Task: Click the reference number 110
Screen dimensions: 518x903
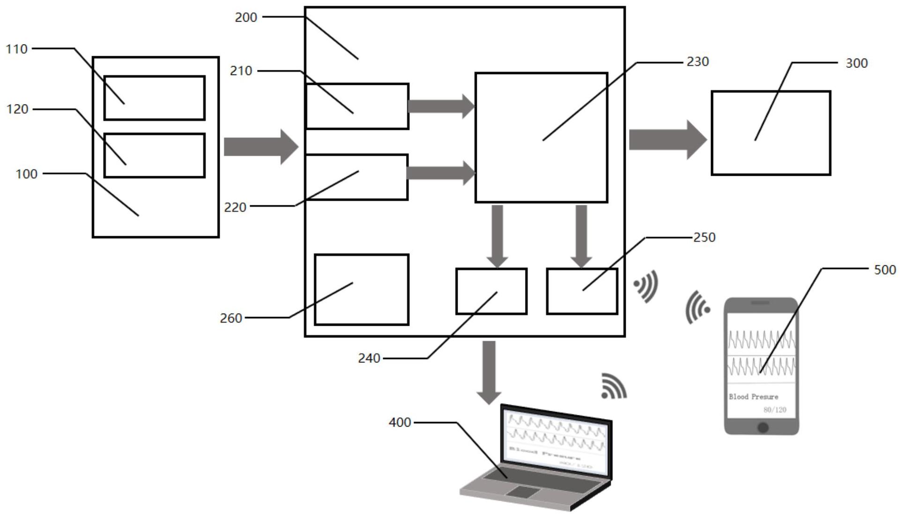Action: click(x=16, y=49)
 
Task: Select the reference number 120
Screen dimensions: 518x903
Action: click(x=17, y=109)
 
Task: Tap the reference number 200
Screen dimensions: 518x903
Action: click(x=246, y=17)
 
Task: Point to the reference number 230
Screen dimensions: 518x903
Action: click(x=697, y=61)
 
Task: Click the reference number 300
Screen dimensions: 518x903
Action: click(x=856, y=63)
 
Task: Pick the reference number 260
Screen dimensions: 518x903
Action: click(x=231, y=318)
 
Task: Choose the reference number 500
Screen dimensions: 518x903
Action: click(x=885, y=270)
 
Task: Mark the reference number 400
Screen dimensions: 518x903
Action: click(x=400, y=422)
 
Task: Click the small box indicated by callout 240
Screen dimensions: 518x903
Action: click(x=491, y=291)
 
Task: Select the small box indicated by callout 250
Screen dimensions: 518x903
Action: click(x=582, y=291)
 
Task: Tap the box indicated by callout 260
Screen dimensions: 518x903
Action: click(x=361, y=289)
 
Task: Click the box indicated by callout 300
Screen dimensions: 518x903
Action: click(x=770, y=133)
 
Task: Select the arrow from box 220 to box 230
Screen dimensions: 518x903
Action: click(x=441, y=173)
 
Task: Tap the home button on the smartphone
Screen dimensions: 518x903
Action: click(x=762, y=427)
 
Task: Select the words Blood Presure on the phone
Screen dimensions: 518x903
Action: click(x=753, y=397)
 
